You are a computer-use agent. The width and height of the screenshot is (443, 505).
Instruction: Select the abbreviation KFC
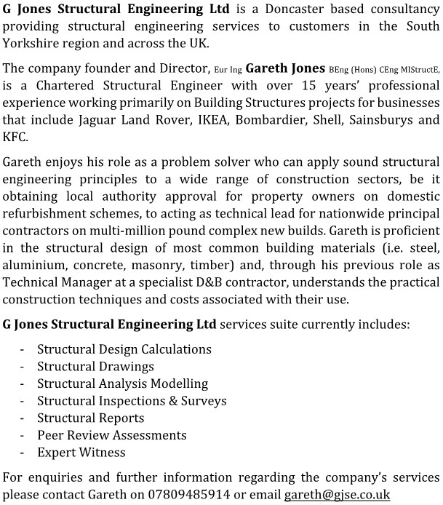(16, 136)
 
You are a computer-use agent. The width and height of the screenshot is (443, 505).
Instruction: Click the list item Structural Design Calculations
(124, 349)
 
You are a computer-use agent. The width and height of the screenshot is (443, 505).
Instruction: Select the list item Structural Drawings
(95, 367)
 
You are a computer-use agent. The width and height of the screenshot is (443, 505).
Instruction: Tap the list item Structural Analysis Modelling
(122, 383)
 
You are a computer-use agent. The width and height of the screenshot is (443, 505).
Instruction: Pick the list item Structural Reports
(90, 418)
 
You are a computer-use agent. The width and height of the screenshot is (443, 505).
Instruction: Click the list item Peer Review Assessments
(111, 435)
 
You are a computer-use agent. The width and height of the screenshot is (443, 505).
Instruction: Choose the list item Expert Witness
(81, 452)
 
